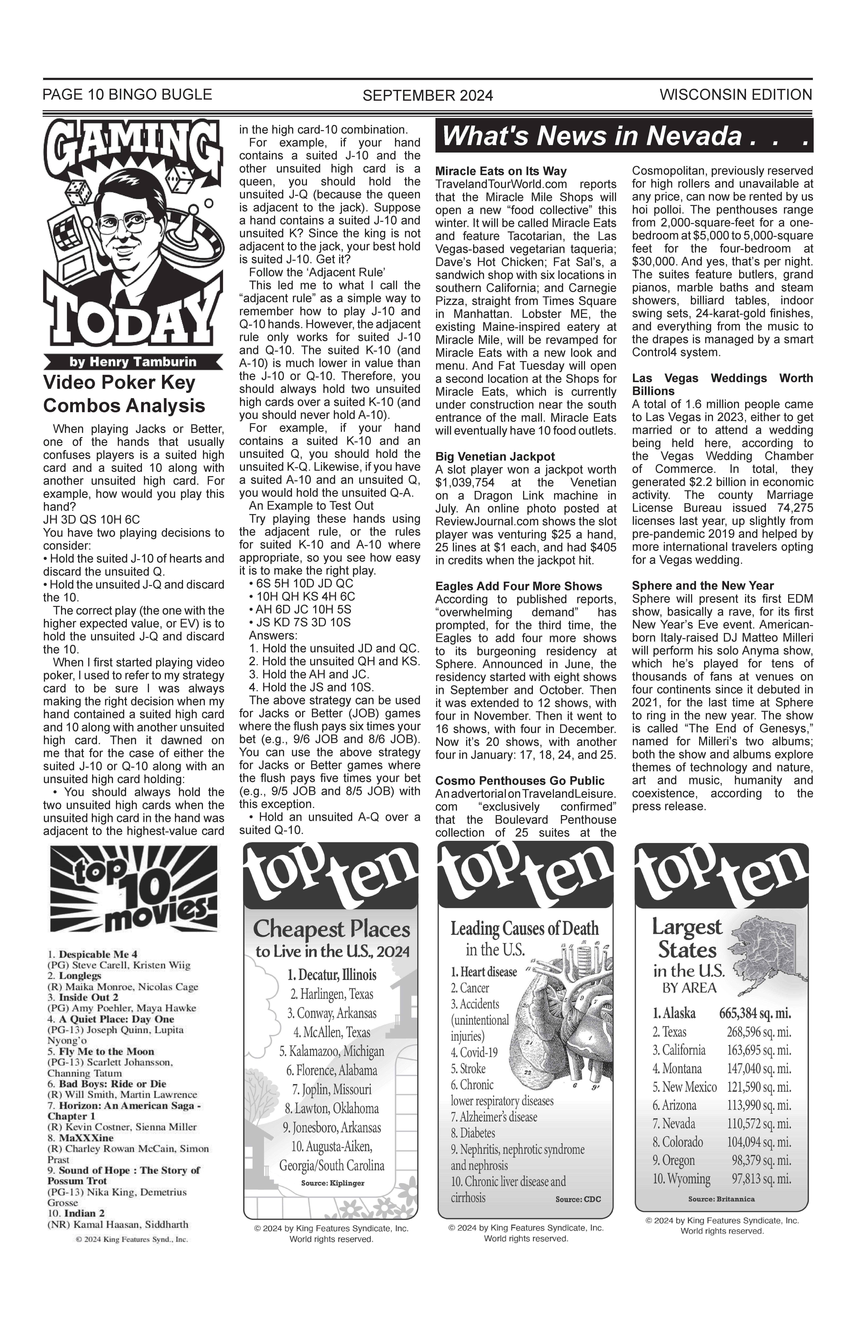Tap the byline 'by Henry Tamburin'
[133, 362]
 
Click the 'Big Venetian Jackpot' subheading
[495, 457]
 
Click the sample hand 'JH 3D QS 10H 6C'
[92, 520]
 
